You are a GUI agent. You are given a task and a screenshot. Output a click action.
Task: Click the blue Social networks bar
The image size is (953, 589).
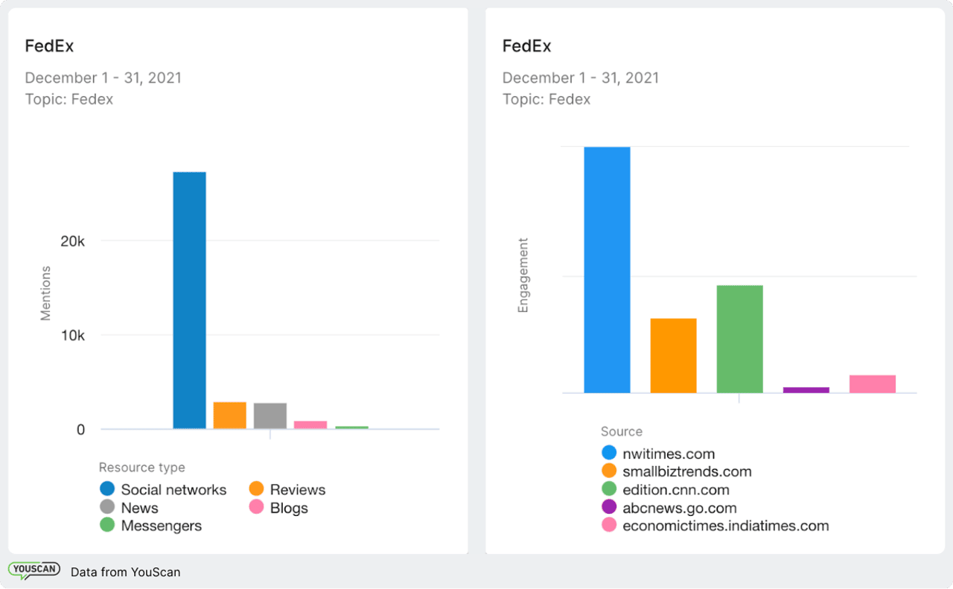coord(189,300)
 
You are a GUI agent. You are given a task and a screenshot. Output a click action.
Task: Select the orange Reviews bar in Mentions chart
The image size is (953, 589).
coord(229,416)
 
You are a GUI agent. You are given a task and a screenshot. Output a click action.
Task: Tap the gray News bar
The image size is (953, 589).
coord(270,416)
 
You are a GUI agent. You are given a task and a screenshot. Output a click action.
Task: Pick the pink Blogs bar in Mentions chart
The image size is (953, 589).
coord(310,424)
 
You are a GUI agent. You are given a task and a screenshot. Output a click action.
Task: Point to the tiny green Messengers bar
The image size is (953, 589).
coord(351,427)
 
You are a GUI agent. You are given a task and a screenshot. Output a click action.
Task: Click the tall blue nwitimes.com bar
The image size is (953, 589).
coord(607,270)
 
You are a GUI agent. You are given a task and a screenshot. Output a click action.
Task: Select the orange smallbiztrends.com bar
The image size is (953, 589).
coord(673,355)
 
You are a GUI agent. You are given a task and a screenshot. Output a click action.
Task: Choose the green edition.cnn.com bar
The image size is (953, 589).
coord(739,339)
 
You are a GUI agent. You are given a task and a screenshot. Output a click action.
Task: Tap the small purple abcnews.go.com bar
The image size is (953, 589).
coord(806,389)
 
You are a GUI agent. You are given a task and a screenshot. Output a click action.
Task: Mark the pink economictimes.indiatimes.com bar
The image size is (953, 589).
coord(872,383)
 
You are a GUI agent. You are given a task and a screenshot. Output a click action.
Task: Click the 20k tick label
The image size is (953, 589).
coord(73,241)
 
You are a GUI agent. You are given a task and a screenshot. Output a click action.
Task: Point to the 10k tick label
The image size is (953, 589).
coord(73,336)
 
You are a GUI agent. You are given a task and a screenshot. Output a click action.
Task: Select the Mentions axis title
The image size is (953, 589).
coord(45,293)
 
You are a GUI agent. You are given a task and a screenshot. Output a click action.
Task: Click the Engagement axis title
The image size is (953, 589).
coord(523,275)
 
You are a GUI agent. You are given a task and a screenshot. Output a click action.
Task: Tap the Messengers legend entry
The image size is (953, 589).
coord(161,526)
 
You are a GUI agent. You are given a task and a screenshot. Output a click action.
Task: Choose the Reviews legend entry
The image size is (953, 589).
coord(297,490)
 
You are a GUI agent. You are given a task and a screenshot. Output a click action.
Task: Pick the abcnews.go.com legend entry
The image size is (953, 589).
coord(679,508)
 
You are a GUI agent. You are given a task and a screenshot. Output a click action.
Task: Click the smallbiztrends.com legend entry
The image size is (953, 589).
coord(686,471)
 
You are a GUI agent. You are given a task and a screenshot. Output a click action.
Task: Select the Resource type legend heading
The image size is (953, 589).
coord(141,468)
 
